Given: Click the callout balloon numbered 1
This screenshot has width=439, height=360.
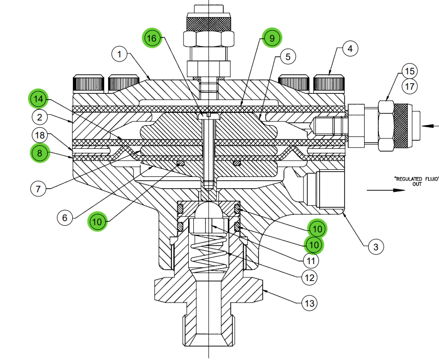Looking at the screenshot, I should [x=119, y=53].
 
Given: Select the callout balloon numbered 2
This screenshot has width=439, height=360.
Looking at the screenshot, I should [x=39, y=117].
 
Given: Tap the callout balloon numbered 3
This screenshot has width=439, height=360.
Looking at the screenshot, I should [x=376, y=247].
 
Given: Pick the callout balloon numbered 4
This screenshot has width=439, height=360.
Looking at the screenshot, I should [x=349, y=49].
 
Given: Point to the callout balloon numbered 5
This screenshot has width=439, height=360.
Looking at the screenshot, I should [x=288, y=56].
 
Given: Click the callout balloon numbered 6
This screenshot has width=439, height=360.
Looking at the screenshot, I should [x=65, y=217].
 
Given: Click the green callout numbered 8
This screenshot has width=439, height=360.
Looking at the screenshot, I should [x=39, y=153].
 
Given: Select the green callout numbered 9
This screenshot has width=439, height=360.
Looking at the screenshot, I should [x=272, y=37].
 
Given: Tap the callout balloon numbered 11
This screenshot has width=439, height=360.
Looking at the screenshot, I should [x=310, y=261].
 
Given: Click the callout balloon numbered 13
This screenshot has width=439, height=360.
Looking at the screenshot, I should [x=308, y=304].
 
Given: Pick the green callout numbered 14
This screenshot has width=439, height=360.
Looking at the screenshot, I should [x=39, y=98].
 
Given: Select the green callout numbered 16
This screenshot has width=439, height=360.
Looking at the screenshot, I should [x=152, y=38].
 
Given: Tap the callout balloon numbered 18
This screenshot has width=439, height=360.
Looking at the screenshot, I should [x=39, y=135].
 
